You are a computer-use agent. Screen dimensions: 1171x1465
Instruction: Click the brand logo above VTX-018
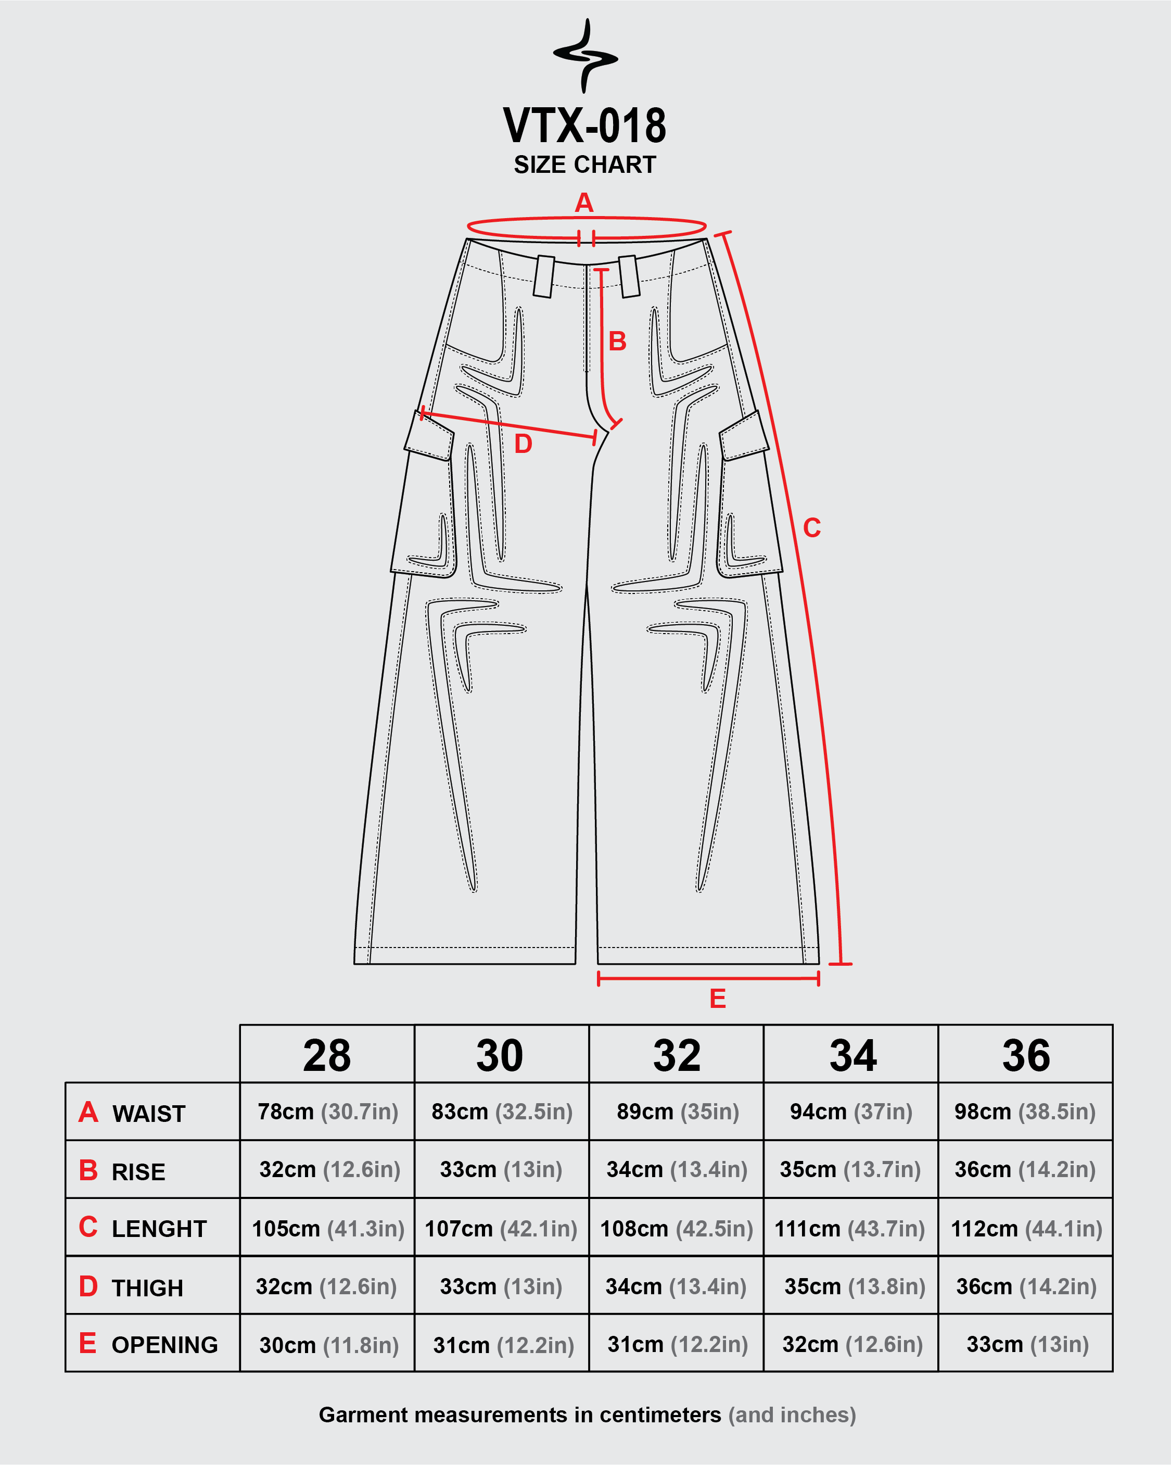(585, 56)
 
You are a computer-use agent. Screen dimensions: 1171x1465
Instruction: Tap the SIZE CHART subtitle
(585, 165)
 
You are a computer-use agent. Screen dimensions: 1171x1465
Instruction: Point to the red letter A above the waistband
(584, 203)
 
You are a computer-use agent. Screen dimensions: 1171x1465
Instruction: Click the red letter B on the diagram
(617, 341)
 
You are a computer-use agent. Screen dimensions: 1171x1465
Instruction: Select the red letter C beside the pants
(812, 528)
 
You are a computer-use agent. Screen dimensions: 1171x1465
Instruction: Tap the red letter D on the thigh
(523, 444)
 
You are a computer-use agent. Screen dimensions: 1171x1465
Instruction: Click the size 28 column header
(327, 1056)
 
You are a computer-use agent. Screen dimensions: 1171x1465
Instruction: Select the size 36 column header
(1026, 1056)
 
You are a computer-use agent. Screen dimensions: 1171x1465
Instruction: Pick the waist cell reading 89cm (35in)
(677, 1112)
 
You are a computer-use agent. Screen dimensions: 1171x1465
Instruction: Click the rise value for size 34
(850, 1169)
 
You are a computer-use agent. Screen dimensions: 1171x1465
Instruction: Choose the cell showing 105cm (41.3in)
(328, 1229)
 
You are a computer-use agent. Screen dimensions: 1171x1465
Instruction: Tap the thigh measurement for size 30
(501, 1286)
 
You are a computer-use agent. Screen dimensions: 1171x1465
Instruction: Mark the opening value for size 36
(1028, 1344)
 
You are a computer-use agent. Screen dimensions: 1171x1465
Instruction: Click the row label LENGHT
(159, 1229)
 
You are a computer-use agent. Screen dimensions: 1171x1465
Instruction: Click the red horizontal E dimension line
(708, 978)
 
